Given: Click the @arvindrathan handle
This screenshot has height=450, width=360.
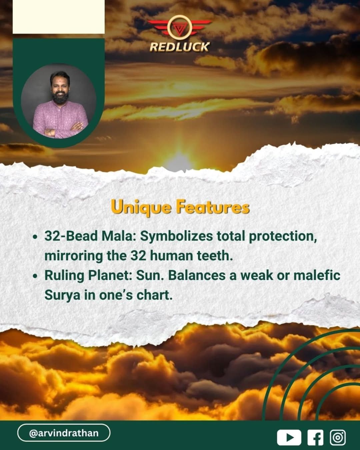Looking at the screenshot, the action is [x=64, y=433].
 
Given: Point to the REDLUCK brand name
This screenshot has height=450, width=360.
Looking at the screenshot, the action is [x=179, y=47].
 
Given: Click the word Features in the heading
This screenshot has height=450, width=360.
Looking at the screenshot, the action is [x=213, y=207].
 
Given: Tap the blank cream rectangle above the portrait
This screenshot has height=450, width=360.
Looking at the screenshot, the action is [x=59, y=17].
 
